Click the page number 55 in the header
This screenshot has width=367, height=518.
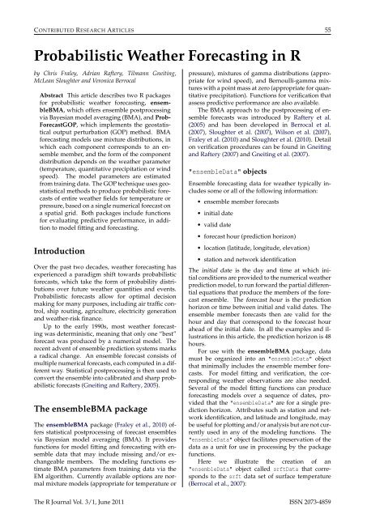click(348, 9)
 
